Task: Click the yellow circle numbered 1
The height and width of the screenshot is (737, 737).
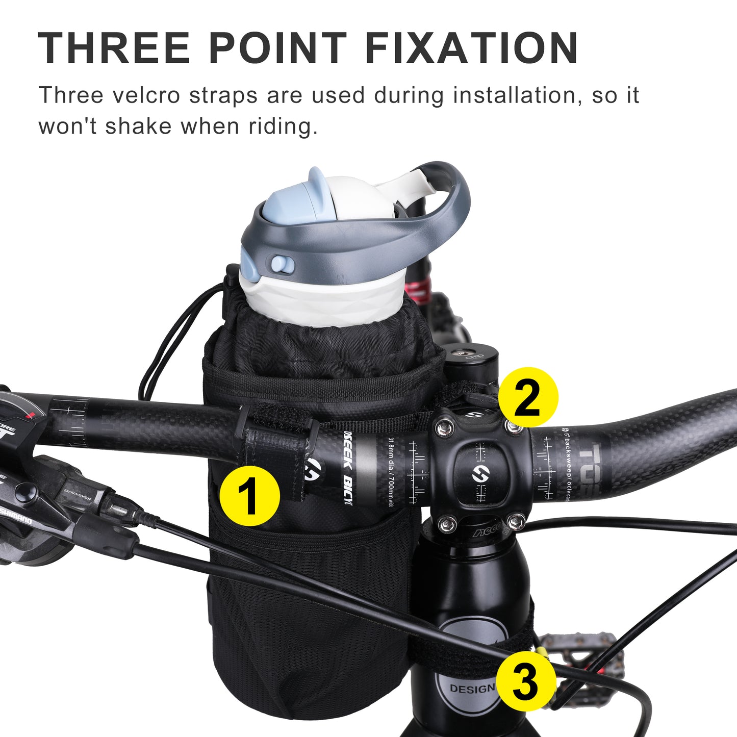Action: (250, 496)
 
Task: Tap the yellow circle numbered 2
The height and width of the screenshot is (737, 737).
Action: (528, 397)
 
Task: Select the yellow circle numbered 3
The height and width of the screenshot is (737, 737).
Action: (526, 680)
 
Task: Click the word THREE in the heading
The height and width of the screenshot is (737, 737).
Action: (114, 48)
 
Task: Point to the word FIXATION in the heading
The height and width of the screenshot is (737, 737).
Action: (471, 48)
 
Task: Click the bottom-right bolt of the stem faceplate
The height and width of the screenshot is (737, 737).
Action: (516, 521)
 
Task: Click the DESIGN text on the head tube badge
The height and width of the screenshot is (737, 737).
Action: (472, 689)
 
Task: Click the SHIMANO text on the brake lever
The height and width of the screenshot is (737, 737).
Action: (15, 516)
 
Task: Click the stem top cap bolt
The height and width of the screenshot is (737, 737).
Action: (464, 351)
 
